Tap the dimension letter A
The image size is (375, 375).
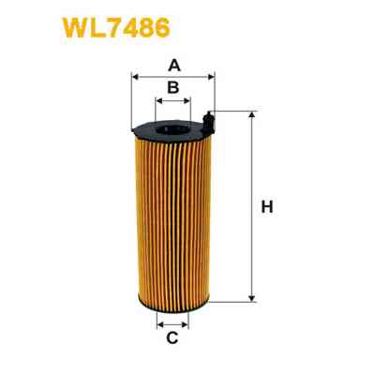pos(173,66)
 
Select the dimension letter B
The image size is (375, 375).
pos(173,88)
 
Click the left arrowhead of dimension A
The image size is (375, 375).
pos(135,77)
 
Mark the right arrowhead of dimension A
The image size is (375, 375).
pos(212,77)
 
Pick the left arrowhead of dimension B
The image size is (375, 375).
pos(157,99)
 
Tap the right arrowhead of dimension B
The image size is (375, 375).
pos(188,99)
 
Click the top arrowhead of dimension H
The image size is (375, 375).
pos(251,113)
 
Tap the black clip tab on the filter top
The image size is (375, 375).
pos(208,119)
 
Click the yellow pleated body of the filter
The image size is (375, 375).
pos(173,216)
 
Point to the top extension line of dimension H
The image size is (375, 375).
pos(234,111)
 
